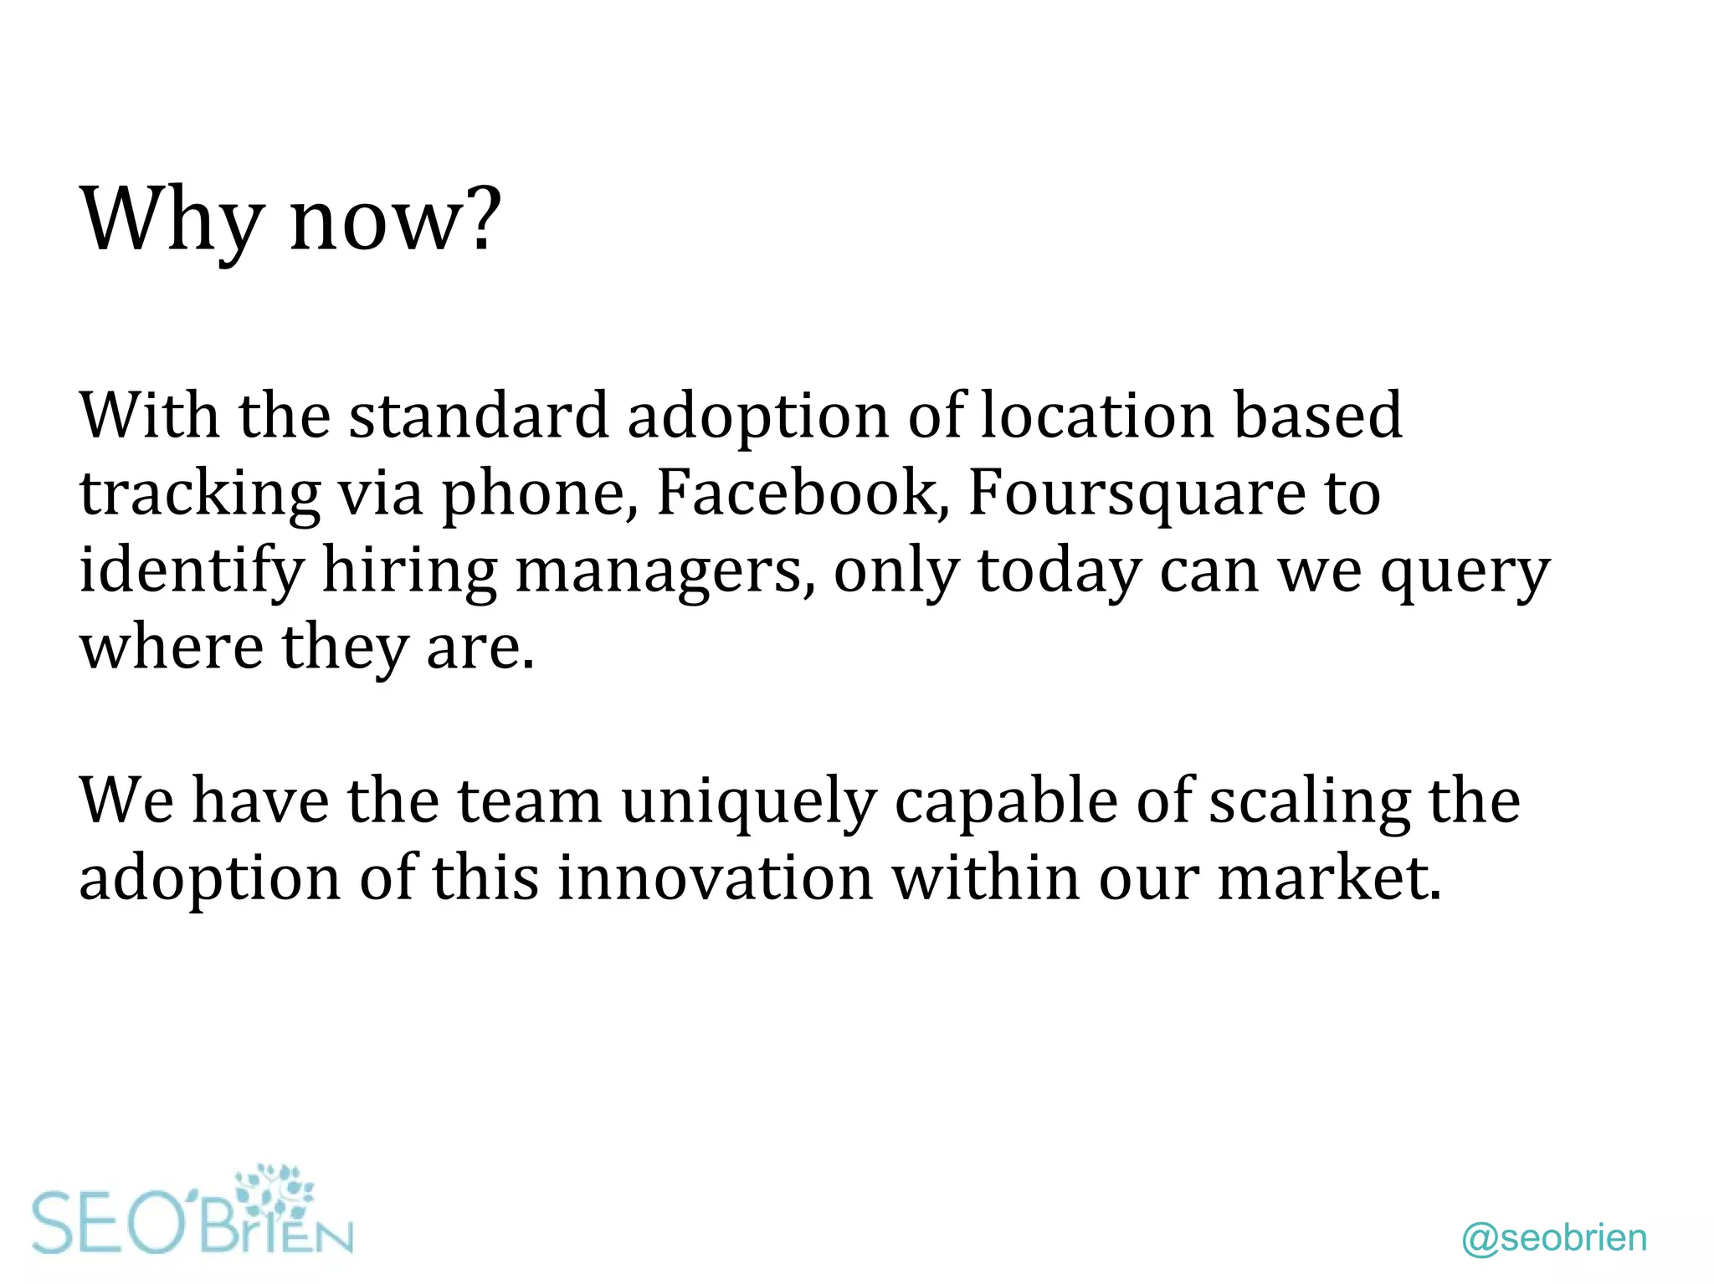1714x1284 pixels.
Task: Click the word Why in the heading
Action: pyautogui.click(x=171, y=219)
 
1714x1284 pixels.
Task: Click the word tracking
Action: pyautogui.click(x=200, y=494)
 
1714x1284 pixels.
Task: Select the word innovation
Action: pyautogui.click(x=716, y=877)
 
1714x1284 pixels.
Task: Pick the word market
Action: pyautogui.click(x=1329, y=877)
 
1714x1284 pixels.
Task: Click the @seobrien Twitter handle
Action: pyautogui.click(x=1554, y=1238)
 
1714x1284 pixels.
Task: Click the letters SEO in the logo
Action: pyautogui.click(x=109, y=1224)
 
